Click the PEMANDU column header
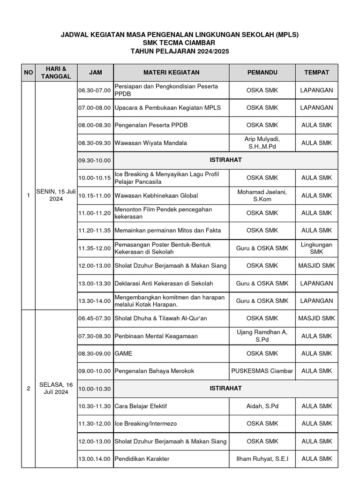[x=262, y=73]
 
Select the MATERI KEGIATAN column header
[x=171, y=73]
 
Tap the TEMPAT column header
[x=316, y=73]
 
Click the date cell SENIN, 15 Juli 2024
[x=56, y=195]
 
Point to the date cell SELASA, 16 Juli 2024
[x=56, y=388]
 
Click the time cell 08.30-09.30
[x=95, y=143]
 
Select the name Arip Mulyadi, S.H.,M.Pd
[x=262, y=142]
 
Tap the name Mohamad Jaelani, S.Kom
[x=262, y=195]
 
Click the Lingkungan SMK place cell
[x=316, y=248]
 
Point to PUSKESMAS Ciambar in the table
[x=262, y=371]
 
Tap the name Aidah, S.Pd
[x=262, y=406]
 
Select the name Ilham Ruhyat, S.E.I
[x=262, y=459]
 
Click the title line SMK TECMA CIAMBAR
[x=180, y=43]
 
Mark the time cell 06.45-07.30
[x=95, y=318]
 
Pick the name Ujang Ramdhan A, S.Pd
[x=262, y=336]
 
